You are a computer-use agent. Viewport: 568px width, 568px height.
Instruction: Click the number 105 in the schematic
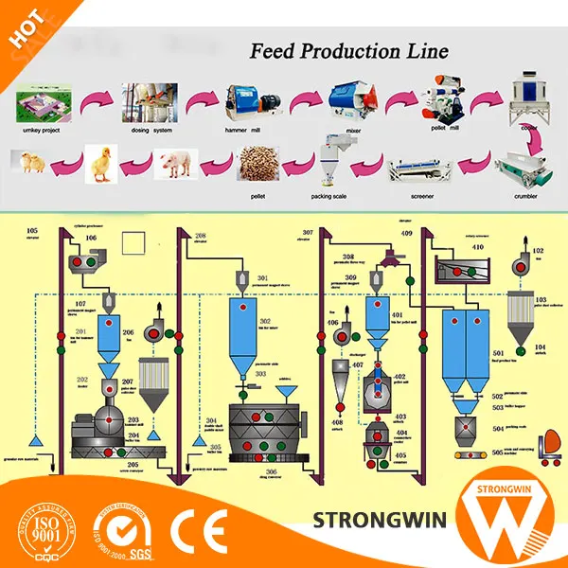[x=32, y=232]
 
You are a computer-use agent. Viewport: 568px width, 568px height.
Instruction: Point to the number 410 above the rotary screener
[x=478, y=247]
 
